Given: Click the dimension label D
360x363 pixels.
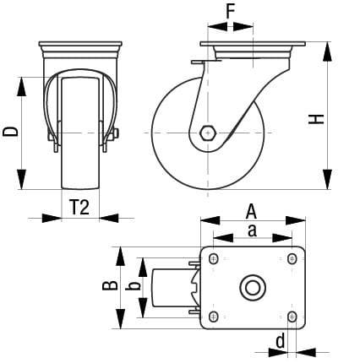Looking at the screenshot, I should tap(11, 132).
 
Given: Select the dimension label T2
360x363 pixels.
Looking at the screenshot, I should tap(79, 208).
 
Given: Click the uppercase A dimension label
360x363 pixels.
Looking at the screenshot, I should tap(252, 211).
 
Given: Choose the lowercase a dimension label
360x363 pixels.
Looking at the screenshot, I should tap(252, 230).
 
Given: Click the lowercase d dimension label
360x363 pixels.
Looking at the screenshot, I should tap(278, 342).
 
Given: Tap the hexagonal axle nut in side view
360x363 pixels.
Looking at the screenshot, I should tap(208, 133).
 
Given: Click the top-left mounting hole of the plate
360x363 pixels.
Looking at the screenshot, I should tap(213, 258).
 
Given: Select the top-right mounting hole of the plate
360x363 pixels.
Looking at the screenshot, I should tap(292, 258).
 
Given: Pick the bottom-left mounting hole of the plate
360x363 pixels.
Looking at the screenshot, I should tap(213, 317).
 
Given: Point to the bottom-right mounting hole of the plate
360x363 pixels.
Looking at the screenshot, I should tap(292, 317).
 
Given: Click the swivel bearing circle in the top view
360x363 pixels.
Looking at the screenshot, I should tap(252, 287).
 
